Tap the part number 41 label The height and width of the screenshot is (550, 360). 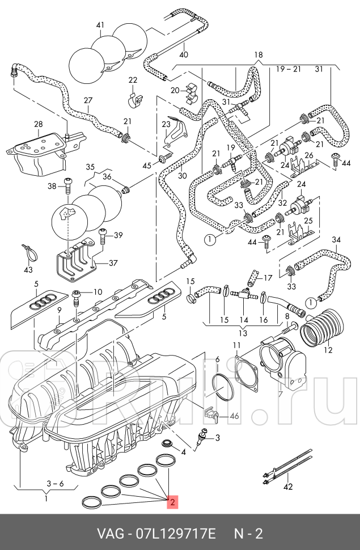100,25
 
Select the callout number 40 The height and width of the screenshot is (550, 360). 183,54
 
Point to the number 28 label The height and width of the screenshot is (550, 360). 38,124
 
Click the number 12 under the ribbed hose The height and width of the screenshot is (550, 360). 328,349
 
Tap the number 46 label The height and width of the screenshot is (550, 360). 234,416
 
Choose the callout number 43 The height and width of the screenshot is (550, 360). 28,269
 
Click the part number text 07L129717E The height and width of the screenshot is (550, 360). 176,534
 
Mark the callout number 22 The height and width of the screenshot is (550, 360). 133,79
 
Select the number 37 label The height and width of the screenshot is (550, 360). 113,263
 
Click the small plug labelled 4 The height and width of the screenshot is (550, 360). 167,442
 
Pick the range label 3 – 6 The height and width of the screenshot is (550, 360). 55,484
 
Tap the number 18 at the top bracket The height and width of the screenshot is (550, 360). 259,55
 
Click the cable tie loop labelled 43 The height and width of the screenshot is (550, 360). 29,252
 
